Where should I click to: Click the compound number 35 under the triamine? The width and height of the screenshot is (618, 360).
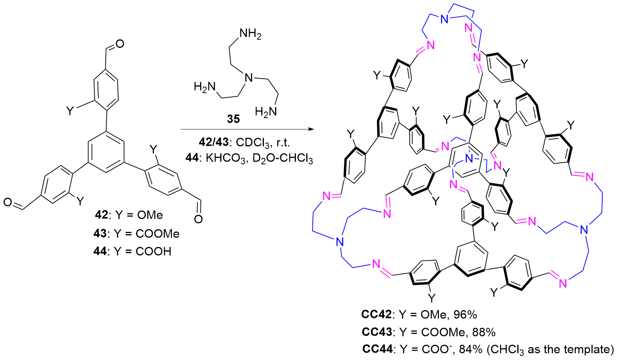[x=233, y=119]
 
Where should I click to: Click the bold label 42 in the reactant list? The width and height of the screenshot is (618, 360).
[x=101, y=215]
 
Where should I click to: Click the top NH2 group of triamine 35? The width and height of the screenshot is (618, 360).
[x=250, y=34]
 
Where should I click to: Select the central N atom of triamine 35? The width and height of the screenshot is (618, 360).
[x=249, y=78]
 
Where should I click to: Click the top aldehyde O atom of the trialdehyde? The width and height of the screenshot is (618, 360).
[x=120, y=44]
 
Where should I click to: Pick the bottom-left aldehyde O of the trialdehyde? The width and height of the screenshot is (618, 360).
[x=8, y=202]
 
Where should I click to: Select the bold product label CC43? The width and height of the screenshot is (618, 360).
[x=377, y=332]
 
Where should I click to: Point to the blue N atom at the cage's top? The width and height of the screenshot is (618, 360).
[x=445, y=19]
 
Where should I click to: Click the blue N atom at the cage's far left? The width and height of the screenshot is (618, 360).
[x=339, y=242]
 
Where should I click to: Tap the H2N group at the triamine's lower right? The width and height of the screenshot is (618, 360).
[x=266, y=112]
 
